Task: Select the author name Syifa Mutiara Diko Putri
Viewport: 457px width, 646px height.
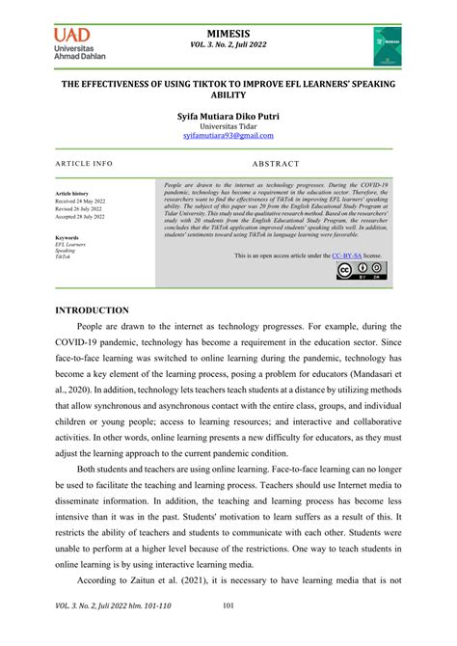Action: (x=228, y=115)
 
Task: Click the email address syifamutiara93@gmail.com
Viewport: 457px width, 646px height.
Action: (x=228, y=137)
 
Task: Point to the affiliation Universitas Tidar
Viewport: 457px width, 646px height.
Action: (x=228, y=126)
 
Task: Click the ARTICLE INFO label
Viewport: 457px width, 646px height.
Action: (x=83, y=164)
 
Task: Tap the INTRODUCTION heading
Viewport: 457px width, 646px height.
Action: (x=92, y=310)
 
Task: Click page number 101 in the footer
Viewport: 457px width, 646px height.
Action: (x=228, y=632)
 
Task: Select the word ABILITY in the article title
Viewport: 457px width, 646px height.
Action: (x=228, y=95)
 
